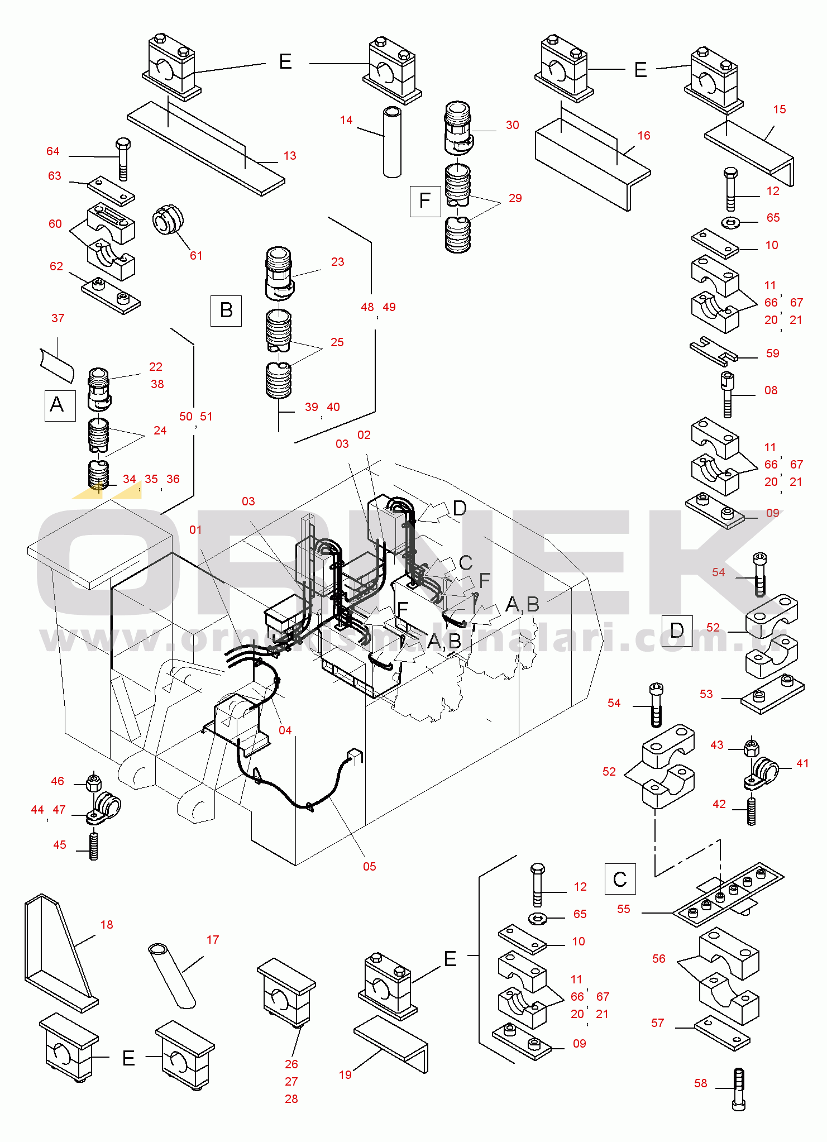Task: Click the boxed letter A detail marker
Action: [60, 405]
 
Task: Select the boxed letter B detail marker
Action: [226, 310]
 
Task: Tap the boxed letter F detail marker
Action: [425, 200]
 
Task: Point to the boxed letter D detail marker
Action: [676, 630]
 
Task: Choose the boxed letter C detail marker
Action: [620, 879]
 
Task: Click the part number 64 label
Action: [53, 151]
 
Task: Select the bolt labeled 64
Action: [123, 159]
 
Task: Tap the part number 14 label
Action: [346, 120]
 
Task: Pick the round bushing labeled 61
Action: [168, 219]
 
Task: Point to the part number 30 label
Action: [513, 125]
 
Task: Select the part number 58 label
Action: [701, 1083]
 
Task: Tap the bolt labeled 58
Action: [738, 1088]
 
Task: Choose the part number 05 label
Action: [370, 866]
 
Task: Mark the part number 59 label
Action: [773, 353]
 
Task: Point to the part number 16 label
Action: [644, 136]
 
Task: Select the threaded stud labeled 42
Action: [751, 811]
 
